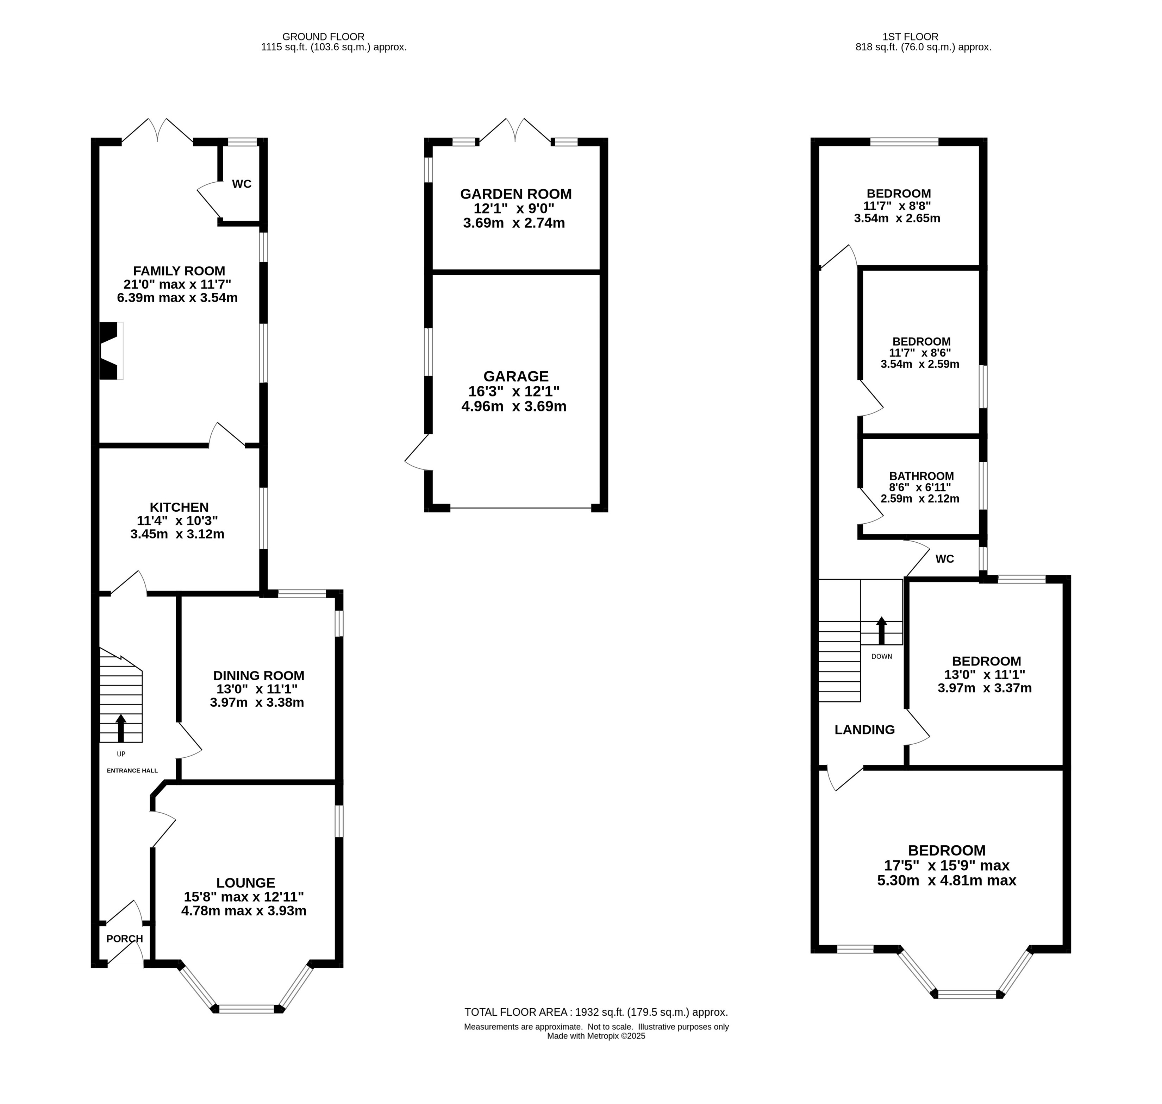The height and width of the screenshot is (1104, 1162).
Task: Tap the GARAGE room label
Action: pos(516,376)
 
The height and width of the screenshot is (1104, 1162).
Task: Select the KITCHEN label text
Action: pos(179,507)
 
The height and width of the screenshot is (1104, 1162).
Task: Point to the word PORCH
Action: pos(125,939)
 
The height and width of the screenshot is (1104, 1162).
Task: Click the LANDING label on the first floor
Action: pos(865,730)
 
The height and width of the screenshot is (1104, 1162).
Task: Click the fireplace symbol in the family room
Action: pos(111,351)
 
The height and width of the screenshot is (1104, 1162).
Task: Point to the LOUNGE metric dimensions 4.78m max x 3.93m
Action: pos(244,911)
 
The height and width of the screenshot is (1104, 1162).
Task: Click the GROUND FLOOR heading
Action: pos(323,37)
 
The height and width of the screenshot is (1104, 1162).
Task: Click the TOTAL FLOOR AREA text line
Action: pos(596,1012)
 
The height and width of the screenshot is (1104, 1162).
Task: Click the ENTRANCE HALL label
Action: pos(132,770)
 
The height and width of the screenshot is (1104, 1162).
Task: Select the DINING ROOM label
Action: pos(259,676)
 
